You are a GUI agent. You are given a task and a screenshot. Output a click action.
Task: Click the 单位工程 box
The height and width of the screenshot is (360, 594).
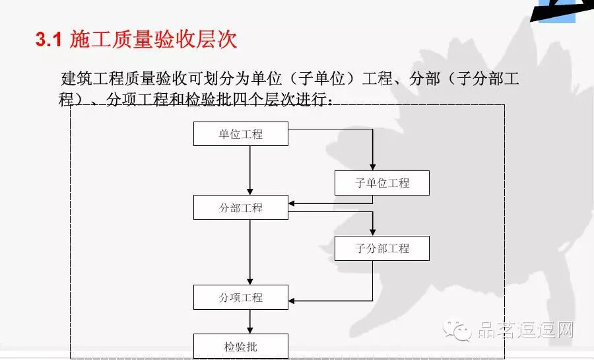[x=241, y=134]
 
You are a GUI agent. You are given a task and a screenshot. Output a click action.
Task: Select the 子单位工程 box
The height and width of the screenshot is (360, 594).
[x=382, y=183]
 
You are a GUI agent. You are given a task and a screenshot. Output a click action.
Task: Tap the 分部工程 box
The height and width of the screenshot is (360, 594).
[x=241, y=207]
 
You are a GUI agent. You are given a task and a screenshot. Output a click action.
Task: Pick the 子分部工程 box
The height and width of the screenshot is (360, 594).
[x=382, y=248]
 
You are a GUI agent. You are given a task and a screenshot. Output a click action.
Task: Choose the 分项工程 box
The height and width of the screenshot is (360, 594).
[x=241, y=297]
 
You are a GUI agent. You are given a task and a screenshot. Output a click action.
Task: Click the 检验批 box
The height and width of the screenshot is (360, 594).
[x=241, y=346]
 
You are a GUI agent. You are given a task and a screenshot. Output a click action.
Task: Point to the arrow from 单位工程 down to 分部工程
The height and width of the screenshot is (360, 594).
[x=250, y=170]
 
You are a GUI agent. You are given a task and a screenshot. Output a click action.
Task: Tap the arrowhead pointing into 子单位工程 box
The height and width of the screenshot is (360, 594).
[x=373, y=166]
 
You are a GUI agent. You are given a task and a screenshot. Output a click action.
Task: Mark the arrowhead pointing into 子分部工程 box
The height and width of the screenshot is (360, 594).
[x=373, y=231]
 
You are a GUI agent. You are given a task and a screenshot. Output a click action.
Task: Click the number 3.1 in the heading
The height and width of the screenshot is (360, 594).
[x=48, y=40]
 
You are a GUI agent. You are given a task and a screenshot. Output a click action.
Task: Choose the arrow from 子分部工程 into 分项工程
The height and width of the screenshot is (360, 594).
[x=330, y=301]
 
